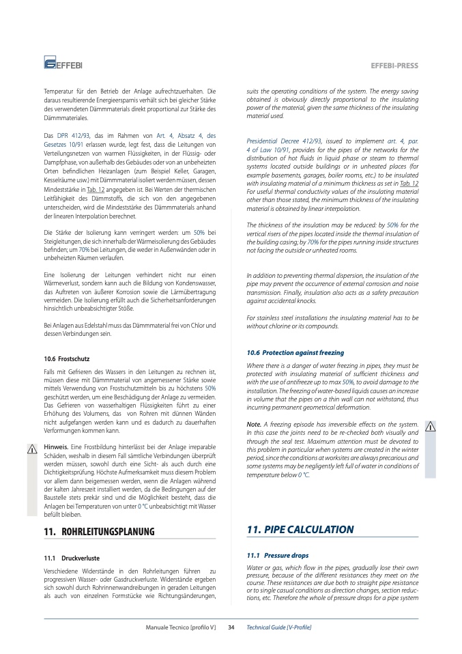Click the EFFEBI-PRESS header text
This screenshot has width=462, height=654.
click(394, 66)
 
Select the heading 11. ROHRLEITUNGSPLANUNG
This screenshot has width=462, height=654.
click(99, 531)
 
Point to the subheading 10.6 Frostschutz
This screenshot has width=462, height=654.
click(66, 358)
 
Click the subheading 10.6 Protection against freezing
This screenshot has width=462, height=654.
click(295, 352)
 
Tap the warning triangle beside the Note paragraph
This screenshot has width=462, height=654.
click(430, 427)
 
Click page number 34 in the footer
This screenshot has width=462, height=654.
click(231, 627)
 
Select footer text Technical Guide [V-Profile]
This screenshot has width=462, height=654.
click(278, 627)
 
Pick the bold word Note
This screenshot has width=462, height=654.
click(253, 424)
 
